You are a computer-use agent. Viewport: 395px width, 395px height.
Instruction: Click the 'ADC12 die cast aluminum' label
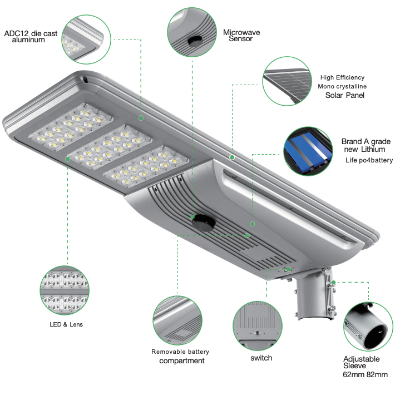coord(31,37)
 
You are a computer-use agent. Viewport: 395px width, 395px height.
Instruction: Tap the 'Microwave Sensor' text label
coord(241,36)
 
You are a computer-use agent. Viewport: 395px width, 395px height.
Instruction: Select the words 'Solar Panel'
coord(344,95)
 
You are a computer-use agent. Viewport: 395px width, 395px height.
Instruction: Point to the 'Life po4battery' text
coord(369,160)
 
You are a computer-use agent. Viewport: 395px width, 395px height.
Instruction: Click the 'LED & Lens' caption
coord(66,324)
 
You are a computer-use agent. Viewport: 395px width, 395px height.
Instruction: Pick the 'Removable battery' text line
coord(180,352)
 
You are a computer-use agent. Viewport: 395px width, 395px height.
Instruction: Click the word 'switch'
coord(261,358)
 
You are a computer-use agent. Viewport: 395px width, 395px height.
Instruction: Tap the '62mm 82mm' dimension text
coord(365,374)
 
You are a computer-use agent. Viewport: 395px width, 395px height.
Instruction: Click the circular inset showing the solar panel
coord(287,81)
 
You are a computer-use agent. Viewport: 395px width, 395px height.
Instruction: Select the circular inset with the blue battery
coord(308,151)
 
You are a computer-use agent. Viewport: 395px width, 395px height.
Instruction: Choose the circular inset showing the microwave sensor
coord(192,32)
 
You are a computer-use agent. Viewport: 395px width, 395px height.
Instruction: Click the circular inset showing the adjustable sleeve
coord(368,327)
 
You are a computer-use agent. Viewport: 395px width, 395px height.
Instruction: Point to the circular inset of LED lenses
coord(65,290)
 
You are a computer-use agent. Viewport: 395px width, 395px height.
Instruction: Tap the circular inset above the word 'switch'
coord(258,325)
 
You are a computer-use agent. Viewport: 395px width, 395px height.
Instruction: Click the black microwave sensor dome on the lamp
coord(204,223)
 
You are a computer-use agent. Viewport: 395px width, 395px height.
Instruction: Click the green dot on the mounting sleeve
coord(334,283)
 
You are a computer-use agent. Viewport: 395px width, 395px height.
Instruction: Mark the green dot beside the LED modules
coord(67,159)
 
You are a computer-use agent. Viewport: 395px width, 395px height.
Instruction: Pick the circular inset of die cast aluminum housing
coord(86,39)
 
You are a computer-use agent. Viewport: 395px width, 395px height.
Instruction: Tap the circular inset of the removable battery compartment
coord(177,320)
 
